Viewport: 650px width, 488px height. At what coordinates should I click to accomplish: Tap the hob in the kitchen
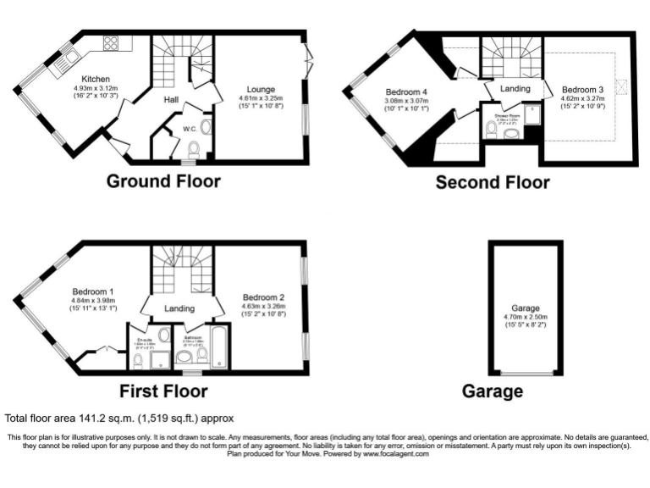(x=111, y=42)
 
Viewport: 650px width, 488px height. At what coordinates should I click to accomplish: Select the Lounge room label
(x=261, y=89)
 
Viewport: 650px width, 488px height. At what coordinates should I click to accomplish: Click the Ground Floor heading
(x=162, y=181)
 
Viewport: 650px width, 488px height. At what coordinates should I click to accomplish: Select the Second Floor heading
(x=492, y=181)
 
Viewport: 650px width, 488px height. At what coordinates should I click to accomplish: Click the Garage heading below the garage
(x=492, y=391)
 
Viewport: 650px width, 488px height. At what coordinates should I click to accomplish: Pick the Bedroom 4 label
(x=407, y=92)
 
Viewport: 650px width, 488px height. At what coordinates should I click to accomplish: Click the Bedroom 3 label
(x=582, y=89)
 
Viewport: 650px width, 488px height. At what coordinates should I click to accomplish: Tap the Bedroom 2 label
(x=263, y=297)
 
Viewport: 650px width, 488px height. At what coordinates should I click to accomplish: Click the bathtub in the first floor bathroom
(x=218, y=349)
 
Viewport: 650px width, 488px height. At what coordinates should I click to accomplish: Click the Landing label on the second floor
(x=515, y=89)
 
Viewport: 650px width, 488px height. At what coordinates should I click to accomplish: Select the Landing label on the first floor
(x=179, y=308)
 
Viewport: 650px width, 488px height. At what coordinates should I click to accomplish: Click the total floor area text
(x=118, y=419)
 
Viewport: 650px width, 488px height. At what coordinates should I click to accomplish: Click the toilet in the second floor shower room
(x=493, y=130)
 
